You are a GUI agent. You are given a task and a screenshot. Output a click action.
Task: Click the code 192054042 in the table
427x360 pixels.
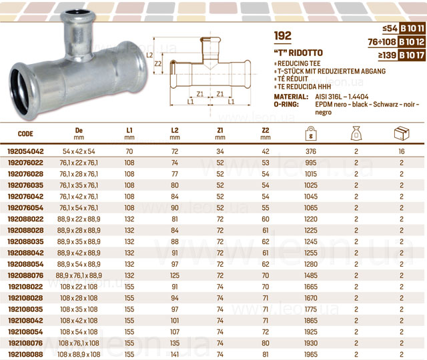point(25,151)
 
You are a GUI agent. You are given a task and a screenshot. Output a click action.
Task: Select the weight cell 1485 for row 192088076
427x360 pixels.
point(311,275)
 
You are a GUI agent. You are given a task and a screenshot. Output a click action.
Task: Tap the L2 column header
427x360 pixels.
point(175,133)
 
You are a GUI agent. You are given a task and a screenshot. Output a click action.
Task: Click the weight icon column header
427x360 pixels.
point(311,133)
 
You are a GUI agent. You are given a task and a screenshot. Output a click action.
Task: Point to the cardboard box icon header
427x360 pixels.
point(402,133)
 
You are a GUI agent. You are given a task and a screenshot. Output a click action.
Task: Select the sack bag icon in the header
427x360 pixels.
point(356,133)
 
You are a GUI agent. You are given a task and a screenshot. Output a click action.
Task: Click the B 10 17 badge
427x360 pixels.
point(412,55)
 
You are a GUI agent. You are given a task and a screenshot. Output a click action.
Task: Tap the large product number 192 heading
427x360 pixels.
point(283,35)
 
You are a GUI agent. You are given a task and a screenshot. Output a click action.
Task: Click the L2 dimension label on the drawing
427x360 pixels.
point(149,55)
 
